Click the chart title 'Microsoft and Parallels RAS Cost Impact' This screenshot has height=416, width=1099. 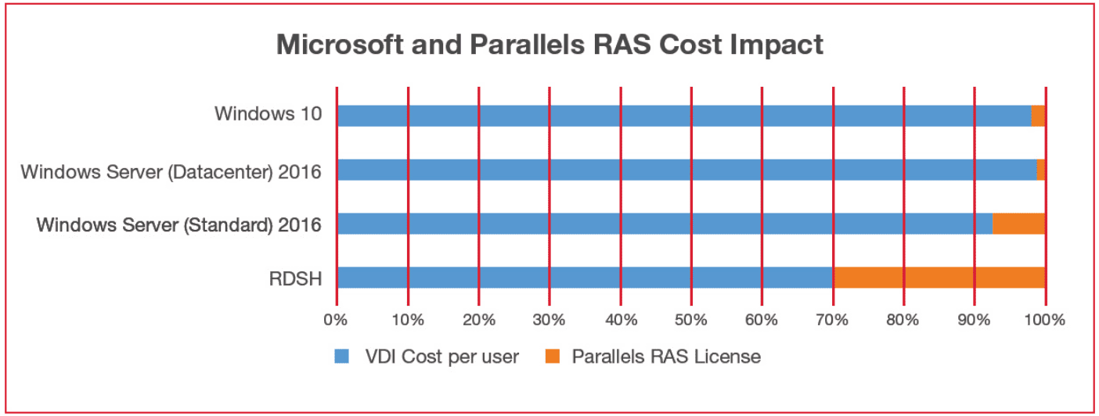549,45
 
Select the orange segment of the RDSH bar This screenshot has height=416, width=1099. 939,278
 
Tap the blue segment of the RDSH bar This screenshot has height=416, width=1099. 586,278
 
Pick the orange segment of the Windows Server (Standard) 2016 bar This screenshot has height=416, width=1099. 1019,224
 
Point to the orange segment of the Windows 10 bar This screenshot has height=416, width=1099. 1038,116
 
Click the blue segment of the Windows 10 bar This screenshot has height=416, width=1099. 684,116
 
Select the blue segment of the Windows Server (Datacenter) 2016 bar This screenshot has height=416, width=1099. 687,170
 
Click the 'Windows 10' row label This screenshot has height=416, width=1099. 268,113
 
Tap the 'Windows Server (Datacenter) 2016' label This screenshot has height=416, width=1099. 171,173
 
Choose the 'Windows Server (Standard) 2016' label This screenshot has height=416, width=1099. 178,225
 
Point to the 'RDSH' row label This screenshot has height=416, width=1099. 295,279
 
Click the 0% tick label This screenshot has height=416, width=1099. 336,320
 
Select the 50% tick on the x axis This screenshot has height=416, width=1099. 691,320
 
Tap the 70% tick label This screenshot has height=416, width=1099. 832,320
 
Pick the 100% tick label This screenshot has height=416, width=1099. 1045,320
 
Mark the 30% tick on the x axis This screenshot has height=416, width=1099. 549,320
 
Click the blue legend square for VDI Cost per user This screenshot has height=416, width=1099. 341,357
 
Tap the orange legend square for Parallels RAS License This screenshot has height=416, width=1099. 553,357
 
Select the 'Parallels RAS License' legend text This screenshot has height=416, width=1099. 666,357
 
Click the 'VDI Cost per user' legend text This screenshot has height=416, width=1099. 442,357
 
